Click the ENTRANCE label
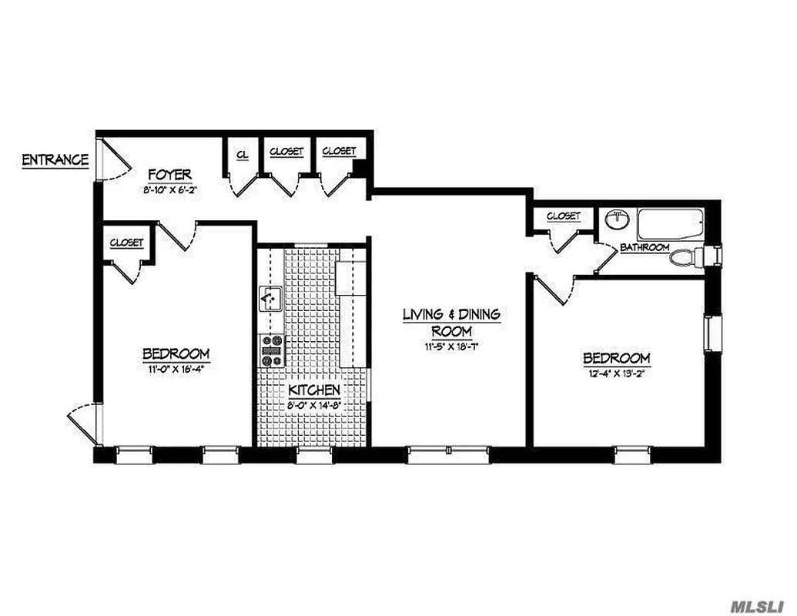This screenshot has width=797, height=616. coord(55,160)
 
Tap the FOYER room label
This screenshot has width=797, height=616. coord(170,175)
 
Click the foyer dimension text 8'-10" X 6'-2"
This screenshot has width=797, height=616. coord(170,189)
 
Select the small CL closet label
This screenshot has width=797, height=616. coord(242,155)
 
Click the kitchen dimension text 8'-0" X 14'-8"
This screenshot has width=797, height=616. coord(314,407)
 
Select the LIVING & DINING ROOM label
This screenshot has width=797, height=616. coord(451,322)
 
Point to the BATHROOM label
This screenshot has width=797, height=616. coord(645,247)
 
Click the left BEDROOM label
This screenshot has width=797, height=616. coord(176,354)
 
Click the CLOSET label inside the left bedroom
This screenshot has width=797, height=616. coord(126,242)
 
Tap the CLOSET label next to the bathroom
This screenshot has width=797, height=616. coord(563,216)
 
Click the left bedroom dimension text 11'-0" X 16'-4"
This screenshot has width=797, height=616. coord(176,368)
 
